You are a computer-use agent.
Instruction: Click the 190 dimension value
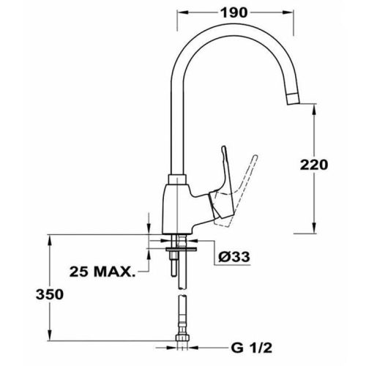pos(234,12)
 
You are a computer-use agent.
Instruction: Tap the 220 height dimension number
pos(314,165)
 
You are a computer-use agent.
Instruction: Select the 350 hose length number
pos(50,294)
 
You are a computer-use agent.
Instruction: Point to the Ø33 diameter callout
pos(234,256)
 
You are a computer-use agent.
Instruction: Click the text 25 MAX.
pos(102,272)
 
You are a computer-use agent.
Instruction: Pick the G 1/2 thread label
pos(251,348)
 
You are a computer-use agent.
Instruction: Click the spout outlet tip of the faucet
pos(293,100)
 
